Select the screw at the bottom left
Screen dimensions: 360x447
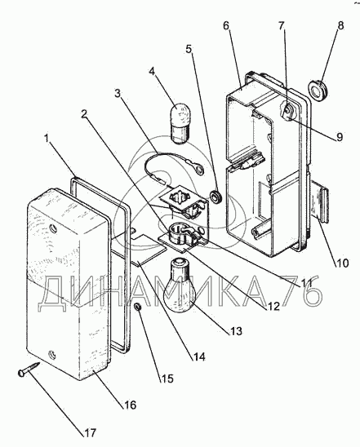[29, 368]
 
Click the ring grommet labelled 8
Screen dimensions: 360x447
[318, 89]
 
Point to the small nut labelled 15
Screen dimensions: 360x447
[138, 307]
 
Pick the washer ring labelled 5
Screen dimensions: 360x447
[216, 197]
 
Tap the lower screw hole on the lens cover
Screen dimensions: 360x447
[52, 354]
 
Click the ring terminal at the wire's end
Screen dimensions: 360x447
[199, 169]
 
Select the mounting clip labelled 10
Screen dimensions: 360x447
[319, 201]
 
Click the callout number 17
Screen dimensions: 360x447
[90, 433]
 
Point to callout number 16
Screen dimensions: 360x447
[130, 405]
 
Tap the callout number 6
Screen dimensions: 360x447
[226, 26]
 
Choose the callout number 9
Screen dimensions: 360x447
[339, 137]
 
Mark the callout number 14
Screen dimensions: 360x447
[198, 356]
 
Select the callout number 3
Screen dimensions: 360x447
[118, 93]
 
